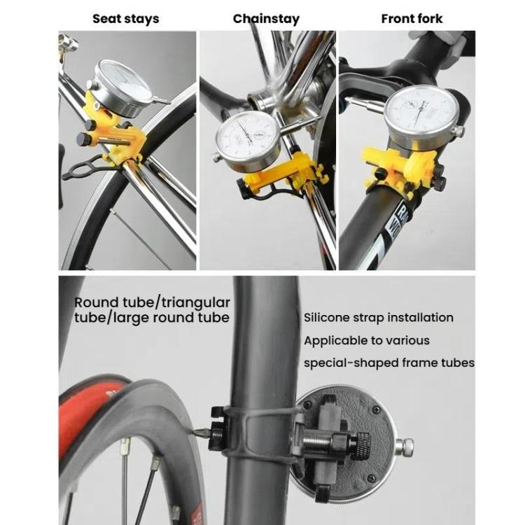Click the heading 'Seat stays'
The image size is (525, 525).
click(125, 19)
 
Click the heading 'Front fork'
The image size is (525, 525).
click(412, 19)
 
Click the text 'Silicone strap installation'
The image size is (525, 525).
click(378, 318)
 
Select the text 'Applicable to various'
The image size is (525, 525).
click(366, 341)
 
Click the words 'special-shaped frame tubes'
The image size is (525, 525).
click(388, 363)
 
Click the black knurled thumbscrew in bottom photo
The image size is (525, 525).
click(363, 444)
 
